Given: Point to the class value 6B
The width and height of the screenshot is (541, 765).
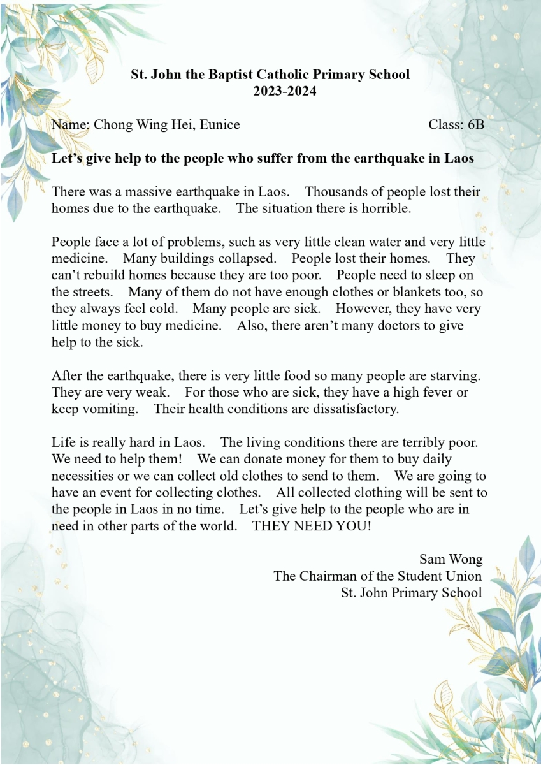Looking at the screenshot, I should point(475,124).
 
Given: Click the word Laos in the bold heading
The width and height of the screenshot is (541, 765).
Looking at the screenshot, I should point(459,159).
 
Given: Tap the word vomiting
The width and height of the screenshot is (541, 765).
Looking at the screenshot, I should point(110,409).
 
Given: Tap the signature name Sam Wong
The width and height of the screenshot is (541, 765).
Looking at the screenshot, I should point(451,559).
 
